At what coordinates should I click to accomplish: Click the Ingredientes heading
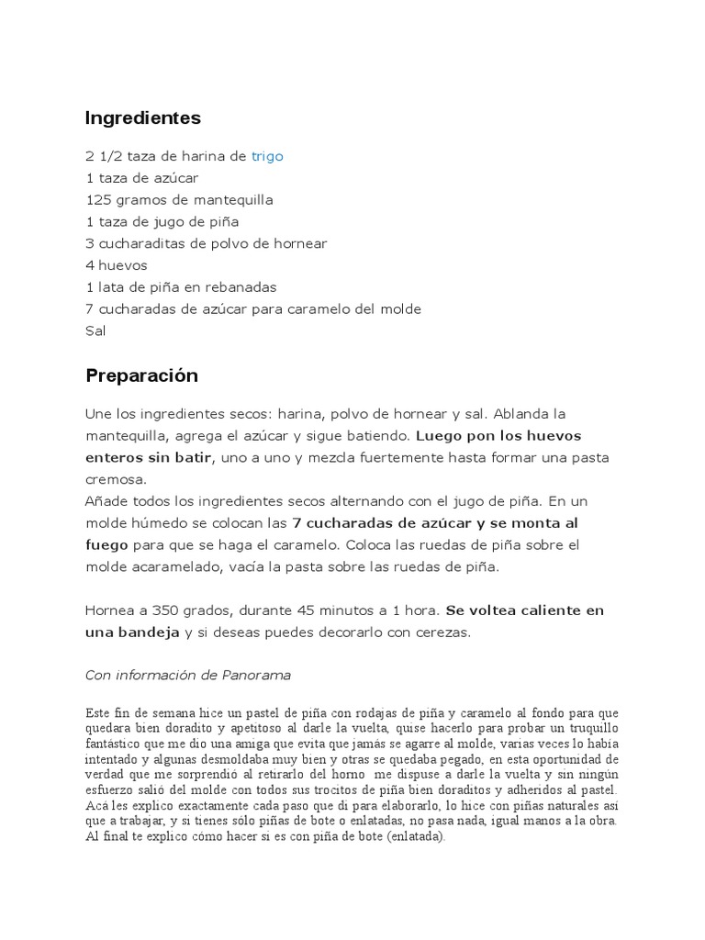pyautogui.click(x=142, y=118)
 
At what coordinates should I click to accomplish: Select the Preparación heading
pyautogui.click(x=141, y=376)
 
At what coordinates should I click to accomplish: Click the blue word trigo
pyautogui.click(x=267, y=156)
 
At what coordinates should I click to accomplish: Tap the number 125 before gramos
pyautogui.click(x=98, y=200)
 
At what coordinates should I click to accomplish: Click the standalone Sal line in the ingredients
pyautogui.click(x=95, y=331)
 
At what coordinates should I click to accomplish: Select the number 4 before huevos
pyautogui.click(x=90, y=266)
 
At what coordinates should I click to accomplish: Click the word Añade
pyautogui.click(x=107, y=501)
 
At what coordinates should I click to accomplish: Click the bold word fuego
pyautogui.click(x=106, y=545)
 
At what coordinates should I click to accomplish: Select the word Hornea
pyautogui.click(x=112, y=611)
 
